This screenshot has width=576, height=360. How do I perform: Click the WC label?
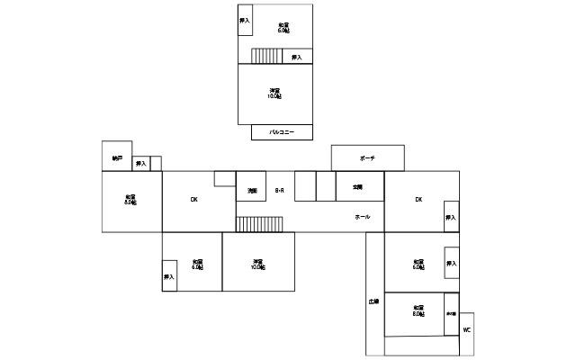[x=466, y=330]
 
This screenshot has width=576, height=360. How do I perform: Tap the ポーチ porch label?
[x=367, y=157]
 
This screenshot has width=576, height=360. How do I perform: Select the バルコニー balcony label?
[x=282, y=132]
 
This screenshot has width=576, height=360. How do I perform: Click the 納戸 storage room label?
[x=117, y=158]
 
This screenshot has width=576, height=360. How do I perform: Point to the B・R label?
[x=279, y=190]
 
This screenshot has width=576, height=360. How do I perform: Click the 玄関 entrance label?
[x=357, y=186]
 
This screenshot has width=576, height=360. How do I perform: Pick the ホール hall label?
[x=362, y=217]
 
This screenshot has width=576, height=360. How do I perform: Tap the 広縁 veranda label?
[x=373, y=301]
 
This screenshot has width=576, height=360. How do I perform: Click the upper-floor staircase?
[x=267, y=56]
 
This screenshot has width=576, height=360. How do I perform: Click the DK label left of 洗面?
[x=193, y=199]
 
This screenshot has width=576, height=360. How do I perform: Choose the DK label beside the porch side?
[x=418, y=199]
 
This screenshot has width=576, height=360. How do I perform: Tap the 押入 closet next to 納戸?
[x=141, y=164]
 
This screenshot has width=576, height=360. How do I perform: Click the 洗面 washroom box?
[x=253, y=191]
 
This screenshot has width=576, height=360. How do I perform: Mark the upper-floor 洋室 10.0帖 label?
[x=274, y=94]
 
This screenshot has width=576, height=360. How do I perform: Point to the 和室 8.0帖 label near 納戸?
[x=130, y=199]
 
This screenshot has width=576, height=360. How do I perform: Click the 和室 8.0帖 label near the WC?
[x=418, y=311]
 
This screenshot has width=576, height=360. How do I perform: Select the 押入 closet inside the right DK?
[x=451, y=218]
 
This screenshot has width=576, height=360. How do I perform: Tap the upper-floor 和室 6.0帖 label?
[x=283, y=27]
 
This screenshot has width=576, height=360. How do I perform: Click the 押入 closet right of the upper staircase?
[x=297, y=57]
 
